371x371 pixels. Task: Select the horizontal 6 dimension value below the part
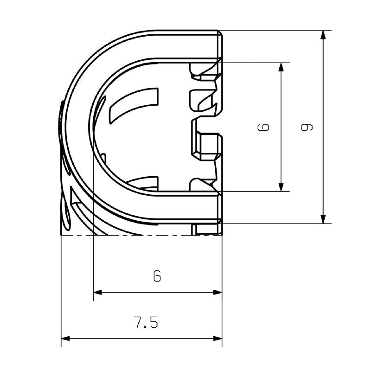tap(158, 276)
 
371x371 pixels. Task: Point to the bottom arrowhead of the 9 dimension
tap(324, 218)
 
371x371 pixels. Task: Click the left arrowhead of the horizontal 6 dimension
tap(98, 292)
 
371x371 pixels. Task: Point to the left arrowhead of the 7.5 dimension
tap(66, 339)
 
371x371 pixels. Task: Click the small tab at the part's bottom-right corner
tap(207, 229)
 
